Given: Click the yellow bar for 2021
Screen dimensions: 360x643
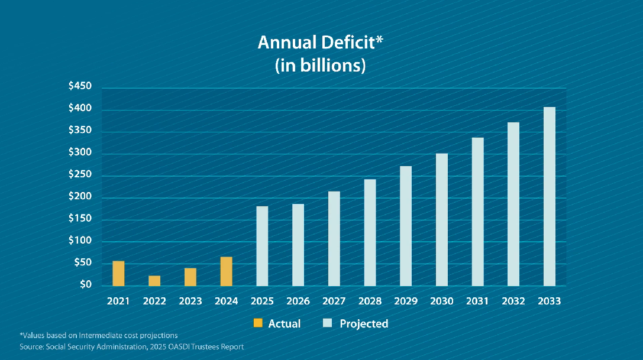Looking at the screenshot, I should tap(118, 273).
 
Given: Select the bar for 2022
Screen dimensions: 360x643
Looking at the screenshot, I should tap(154, 280).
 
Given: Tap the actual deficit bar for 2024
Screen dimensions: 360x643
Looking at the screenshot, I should tap(226, 271).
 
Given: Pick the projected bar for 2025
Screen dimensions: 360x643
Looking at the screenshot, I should tap(262, 245).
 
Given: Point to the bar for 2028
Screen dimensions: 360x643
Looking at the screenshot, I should tap(370, 232).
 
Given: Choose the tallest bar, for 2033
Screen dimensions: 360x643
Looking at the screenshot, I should tap(550, 196).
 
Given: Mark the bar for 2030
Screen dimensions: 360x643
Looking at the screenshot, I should tap(442, 219).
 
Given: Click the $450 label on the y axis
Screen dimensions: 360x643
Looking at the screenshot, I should tap(80, 87).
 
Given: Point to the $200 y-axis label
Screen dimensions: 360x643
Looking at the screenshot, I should tap(80, 197).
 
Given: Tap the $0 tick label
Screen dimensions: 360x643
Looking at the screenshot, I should tap(86, 285).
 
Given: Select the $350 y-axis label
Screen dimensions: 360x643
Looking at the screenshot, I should tap(80, 131).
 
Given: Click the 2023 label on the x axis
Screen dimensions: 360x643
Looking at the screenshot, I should tap(190, 301).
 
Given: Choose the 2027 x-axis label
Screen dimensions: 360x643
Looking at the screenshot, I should tap(334, 301).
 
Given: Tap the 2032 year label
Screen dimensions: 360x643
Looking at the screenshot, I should tap(513, 301).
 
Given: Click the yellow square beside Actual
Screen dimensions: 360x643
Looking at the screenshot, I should tap(257, 323).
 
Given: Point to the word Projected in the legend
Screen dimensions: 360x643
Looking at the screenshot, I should tap(364, 323).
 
